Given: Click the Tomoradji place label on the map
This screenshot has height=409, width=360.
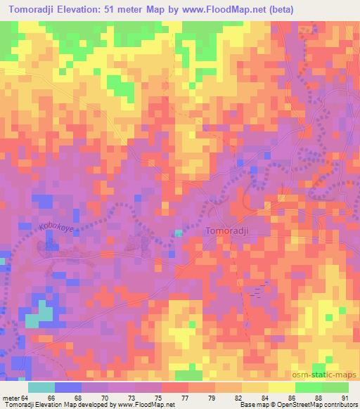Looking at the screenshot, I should pos(227,230).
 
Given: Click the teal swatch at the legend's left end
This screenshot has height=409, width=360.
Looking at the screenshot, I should pos(41,387).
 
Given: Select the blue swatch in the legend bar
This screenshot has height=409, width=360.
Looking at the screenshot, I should pos(68,387).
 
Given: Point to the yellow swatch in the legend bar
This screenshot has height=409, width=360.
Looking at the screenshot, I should pos(281,387).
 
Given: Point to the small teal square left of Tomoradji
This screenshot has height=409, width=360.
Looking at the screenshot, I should pos(179,233).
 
